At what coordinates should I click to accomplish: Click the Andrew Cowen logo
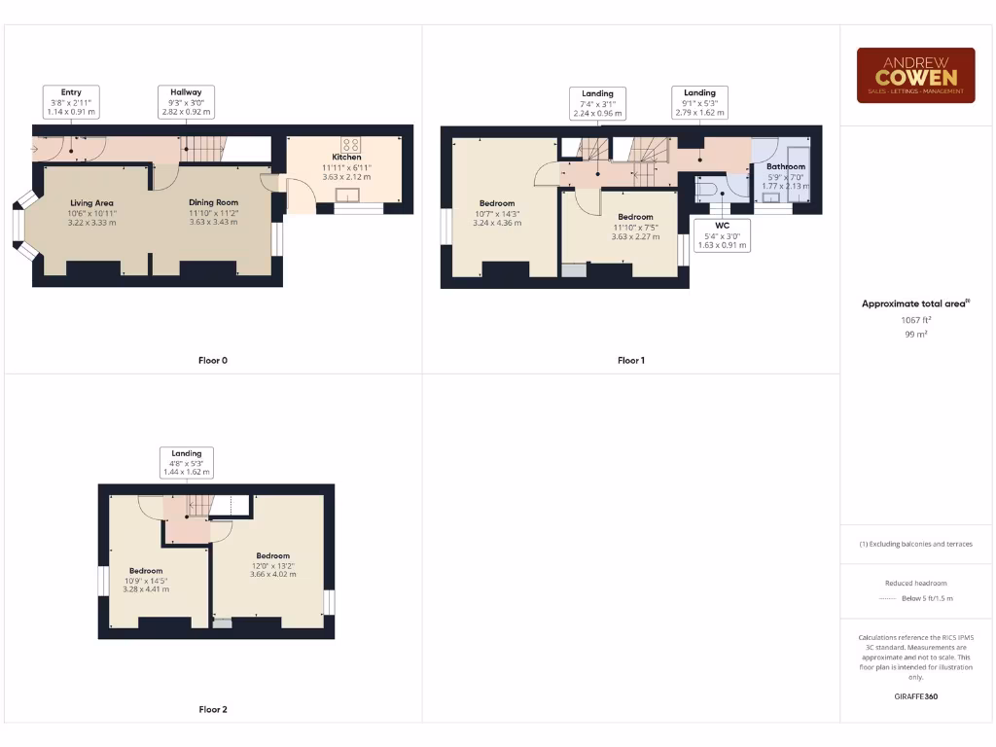pos(915,75)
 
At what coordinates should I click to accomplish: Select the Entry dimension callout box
pos(71,102)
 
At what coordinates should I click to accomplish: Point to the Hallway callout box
pos(187,102)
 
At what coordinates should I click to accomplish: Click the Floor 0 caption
pos(213,361)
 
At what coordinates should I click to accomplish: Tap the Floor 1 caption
pos(631,361)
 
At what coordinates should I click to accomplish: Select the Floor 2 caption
pos(213,710)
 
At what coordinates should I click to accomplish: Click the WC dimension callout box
pos(723,235)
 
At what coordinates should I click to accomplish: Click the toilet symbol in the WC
pos(706,189)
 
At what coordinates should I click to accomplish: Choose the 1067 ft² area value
pos(915,319)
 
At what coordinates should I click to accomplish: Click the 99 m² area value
pos(915,334)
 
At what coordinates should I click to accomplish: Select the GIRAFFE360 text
pos(915,696)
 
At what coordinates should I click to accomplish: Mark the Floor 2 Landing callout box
pos(187,462)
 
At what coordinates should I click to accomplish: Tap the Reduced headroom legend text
pos(915,583)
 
